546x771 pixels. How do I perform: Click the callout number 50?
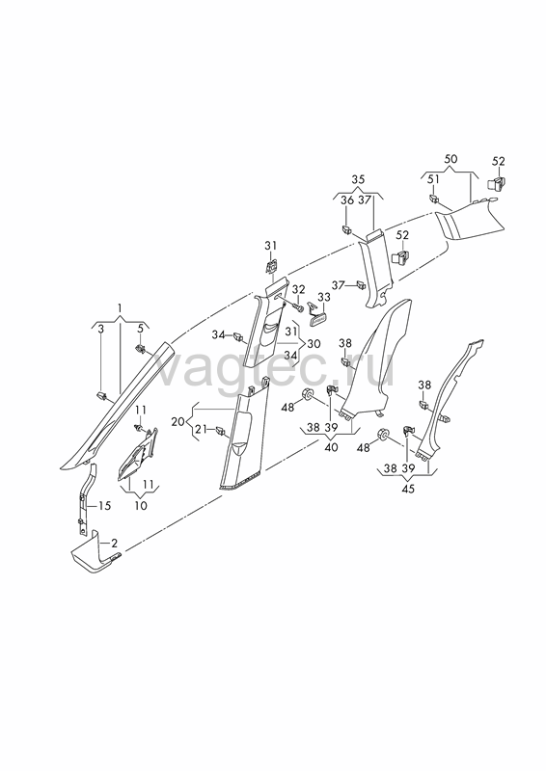point(450,159)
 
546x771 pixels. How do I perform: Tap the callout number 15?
point(105,505)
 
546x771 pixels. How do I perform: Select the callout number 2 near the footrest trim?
point(114,544)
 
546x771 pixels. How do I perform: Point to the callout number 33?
point(324,297)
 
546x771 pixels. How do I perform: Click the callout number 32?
point(299,290)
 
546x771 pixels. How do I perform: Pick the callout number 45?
point(408,489)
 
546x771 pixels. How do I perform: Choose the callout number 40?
point(331,447)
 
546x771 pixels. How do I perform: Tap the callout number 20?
point(177,421)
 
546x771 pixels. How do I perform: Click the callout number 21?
point(202,429)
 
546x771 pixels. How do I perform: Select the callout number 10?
point(141,505)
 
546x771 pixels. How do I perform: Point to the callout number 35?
point(358,179)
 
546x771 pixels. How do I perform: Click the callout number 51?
point(433,179)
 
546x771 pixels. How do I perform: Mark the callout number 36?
point(347,200)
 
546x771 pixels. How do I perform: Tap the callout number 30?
point(314,343)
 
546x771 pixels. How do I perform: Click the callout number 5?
point(140,329)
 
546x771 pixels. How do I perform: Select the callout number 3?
point(101,329)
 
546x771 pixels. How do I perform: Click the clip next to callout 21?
point(221,432)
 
